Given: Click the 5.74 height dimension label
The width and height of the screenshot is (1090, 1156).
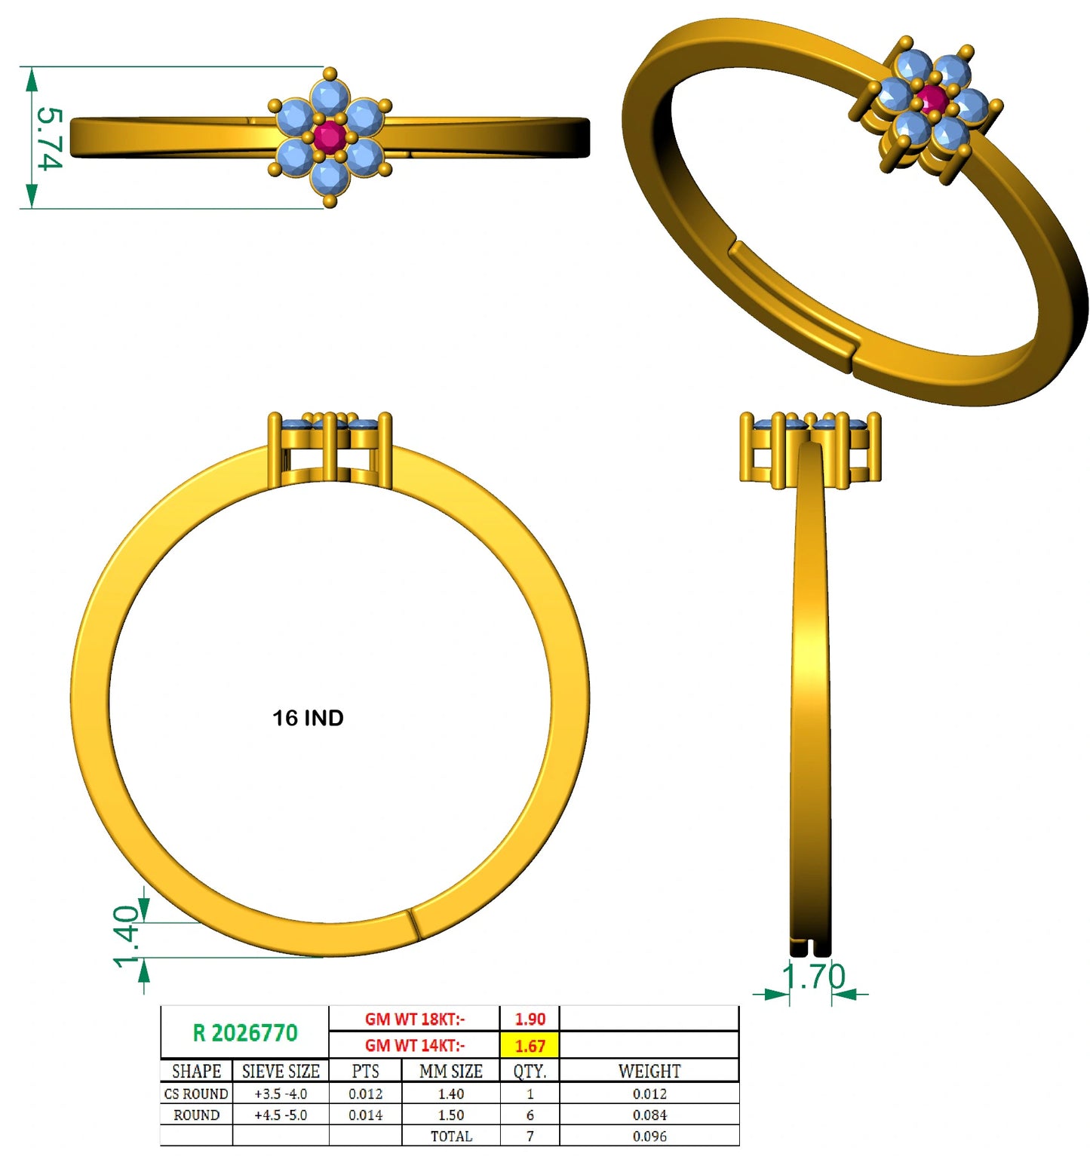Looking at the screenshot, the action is click(48, 139).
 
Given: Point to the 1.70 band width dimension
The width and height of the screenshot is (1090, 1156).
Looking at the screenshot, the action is click(813, 977).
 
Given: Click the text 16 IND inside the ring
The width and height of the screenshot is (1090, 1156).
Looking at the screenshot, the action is click(308, 718).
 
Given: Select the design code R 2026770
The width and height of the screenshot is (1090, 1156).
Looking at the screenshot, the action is click(245, 1032).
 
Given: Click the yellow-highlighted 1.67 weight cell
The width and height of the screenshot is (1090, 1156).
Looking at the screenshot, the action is click(530, 1046).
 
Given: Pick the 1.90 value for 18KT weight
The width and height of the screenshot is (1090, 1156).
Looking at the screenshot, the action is click(530, 1019).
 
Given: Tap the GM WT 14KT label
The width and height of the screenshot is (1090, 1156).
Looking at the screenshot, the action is click(415, 1046).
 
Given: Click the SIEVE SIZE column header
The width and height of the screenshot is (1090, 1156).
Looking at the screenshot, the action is click(281, 1071).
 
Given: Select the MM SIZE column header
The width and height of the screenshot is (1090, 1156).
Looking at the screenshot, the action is click(451, 1071).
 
